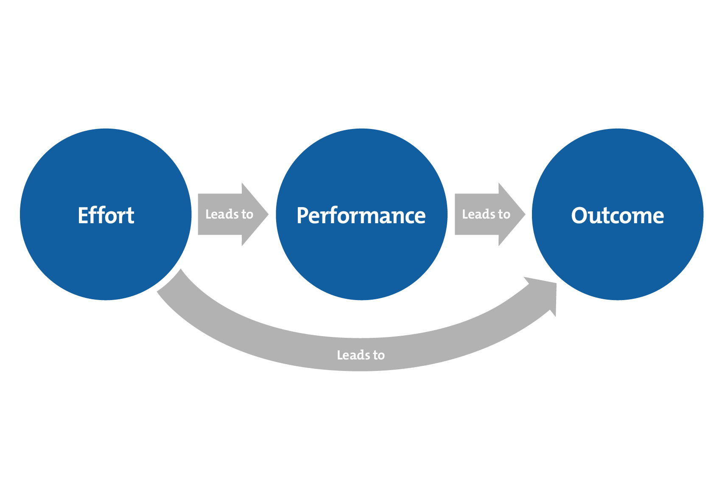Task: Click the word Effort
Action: tap(106, 216)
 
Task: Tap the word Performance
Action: tap(361, 216)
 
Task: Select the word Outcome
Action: tap(617, 216)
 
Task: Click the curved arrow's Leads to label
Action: tap(361, 355)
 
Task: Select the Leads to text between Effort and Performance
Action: tap(229, 214)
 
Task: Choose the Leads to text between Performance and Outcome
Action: tap(486, 214)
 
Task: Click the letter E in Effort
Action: tap(84, 216)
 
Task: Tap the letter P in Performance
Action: tap(302, 216)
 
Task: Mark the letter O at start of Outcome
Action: tap(579, 216)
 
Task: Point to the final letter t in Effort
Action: tap(130, 216)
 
